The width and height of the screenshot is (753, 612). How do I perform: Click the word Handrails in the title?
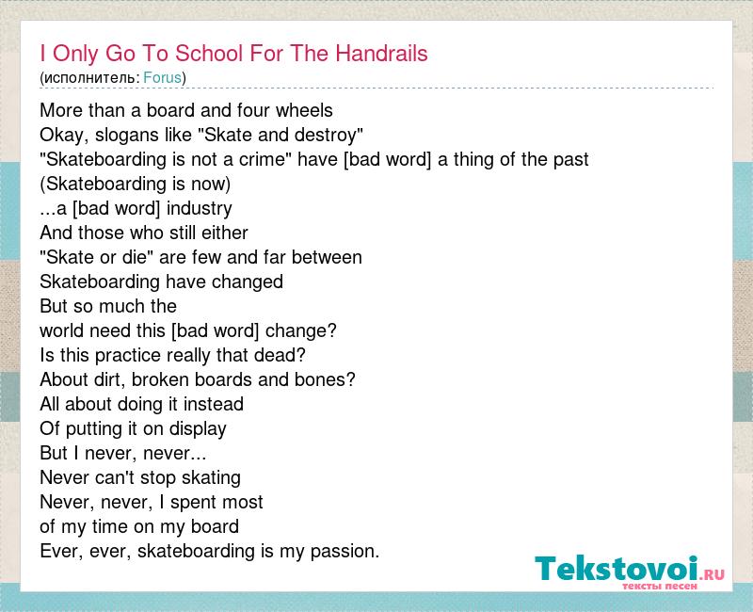[381, 54]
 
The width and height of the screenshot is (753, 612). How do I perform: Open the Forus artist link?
[162, 78]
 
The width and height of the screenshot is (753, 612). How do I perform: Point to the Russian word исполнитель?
[89, 78]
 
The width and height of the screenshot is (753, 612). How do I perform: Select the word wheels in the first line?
[304, 110]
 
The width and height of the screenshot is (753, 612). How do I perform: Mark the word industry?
[200, 209]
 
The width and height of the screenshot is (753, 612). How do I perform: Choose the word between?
[327, 257]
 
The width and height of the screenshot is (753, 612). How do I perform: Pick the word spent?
[191, 503]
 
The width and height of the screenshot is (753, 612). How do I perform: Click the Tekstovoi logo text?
[617, 569]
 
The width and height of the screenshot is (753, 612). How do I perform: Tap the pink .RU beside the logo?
[713, 574]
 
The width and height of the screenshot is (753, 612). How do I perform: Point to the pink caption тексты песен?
[660, 587]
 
